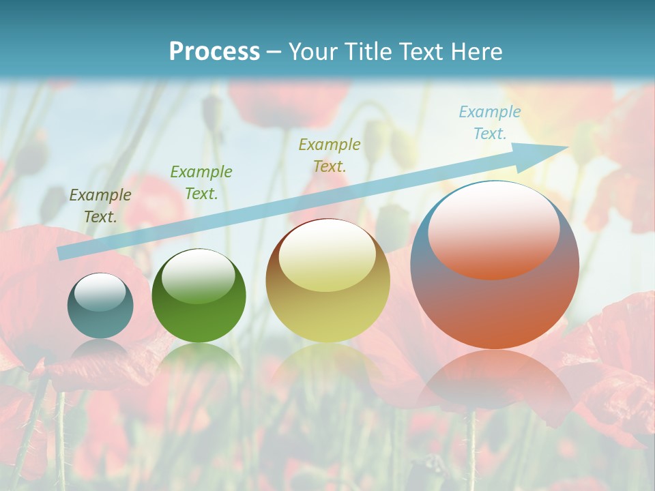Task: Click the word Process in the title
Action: pyautogui.click(x=214, y=51)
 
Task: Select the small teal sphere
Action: pyautogui.click(x=100, y=306)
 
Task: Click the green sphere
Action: pyautogui.click(x=199, y=295)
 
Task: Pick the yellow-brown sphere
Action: pyautogui.click(x=327, y=280)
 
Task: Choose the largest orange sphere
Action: pyautogui.click(x=495, y=265)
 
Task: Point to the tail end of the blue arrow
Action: pyautogui.click(x=60, y=254)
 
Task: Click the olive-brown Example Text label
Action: pyautogui.click(x=100, y=205)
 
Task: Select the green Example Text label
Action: pyautogui.click(x=201, y=182)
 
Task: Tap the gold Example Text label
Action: pyautogui.click(x=330, y=155)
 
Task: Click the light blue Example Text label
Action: pyautogui.click(x=489, y=123)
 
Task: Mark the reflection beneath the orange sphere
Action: pyautogui.click(x=495, y=382)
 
